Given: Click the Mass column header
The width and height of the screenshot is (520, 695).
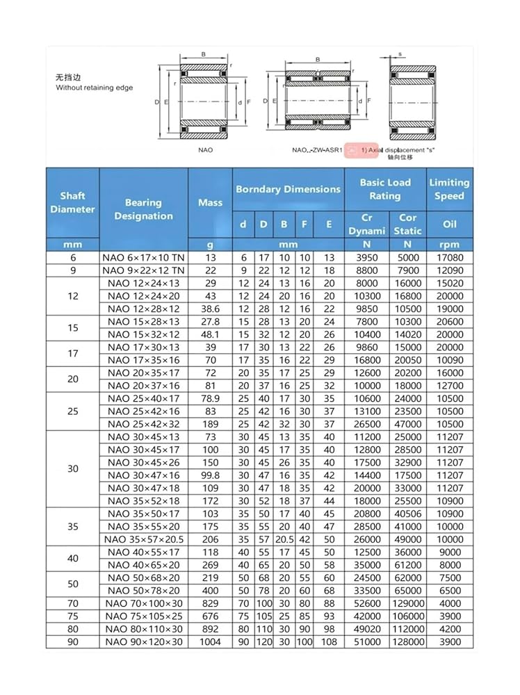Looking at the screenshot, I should (210, 202).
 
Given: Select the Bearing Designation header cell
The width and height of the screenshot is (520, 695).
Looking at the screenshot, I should (143, 209).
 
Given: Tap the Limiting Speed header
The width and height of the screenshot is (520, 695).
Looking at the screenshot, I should (449, 189).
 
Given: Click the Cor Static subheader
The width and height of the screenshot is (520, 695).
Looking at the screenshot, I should (407, 224).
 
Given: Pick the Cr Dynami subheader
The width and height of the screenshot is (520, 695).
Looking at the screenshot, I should (366, 224).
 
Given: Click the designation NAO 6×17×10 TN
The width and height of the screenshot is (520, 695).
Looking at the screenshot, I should (143, 257).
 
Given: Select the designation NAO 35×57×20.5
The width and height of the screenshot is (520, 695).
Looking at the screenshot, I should (143, 539).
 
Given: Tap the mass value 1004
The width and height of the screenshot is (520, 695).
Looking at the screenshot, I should (210, 641).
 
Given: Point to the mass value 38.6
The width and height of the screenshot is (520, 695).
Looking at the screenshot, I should (210, 309).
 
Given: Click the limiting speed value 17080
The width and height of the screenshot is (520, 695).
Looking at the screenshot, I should (449, 257).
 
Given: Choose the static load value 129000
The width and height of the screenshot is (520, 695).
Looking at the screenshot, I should (407, 603).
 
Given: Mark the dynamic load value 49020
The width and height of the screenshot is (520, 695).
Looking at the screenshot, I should (366, 629).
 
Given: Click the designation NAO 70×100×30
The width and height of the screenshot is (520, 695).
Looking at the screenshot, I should (143, 603).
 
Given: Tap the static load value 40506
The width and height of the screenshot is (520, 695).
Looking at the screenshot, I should (407, 514).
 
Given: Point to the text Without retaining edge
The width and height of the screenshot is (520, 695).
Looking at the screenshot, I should (95, 88).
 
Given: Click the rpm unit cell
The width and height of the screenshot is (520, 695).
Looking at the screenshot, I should (449, 245).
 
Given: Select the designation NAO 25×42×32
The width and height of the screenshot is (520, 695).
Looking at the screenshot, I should (143, 424).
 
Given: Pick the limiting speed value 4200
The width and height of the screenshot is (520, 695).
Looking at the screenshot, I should (449, 629).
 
